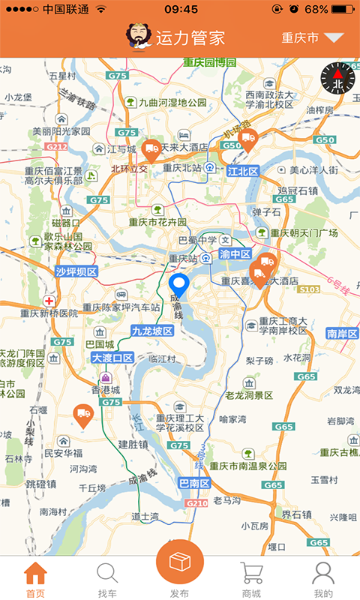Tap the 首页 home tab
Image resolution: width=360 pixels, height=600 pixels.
[x=35, y=578]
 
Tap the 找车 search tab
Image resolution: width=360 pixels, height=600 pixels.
[x=107, y=578]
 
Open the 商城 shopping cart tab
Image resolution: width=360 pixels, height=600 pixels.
[x=251, y=578]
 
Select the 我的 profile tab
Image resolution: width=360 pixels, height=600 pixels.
[x=323, y=578]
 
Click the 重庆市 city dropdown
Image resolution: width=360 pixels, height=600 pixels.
[x=311, y=38]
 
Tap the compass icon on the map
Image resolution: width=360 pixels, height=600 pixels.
[x=337, y=78]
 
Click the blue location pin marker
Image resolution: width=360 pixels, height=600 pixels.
[x=179, y=286]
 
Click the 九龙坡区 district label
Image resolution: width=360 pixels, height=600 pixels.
[x=152, y=331]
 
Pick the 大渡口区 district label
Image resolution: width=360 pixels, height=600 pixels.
[x=112, y=358]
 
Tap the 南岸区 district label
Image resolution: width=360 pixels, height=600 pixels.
[x=342, y=333]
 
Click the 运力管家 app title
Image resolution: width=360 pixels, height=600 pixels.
[x=190, y=38]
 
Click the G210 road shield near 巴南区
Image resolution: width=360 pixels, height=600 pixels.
[x=196, y=502]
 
